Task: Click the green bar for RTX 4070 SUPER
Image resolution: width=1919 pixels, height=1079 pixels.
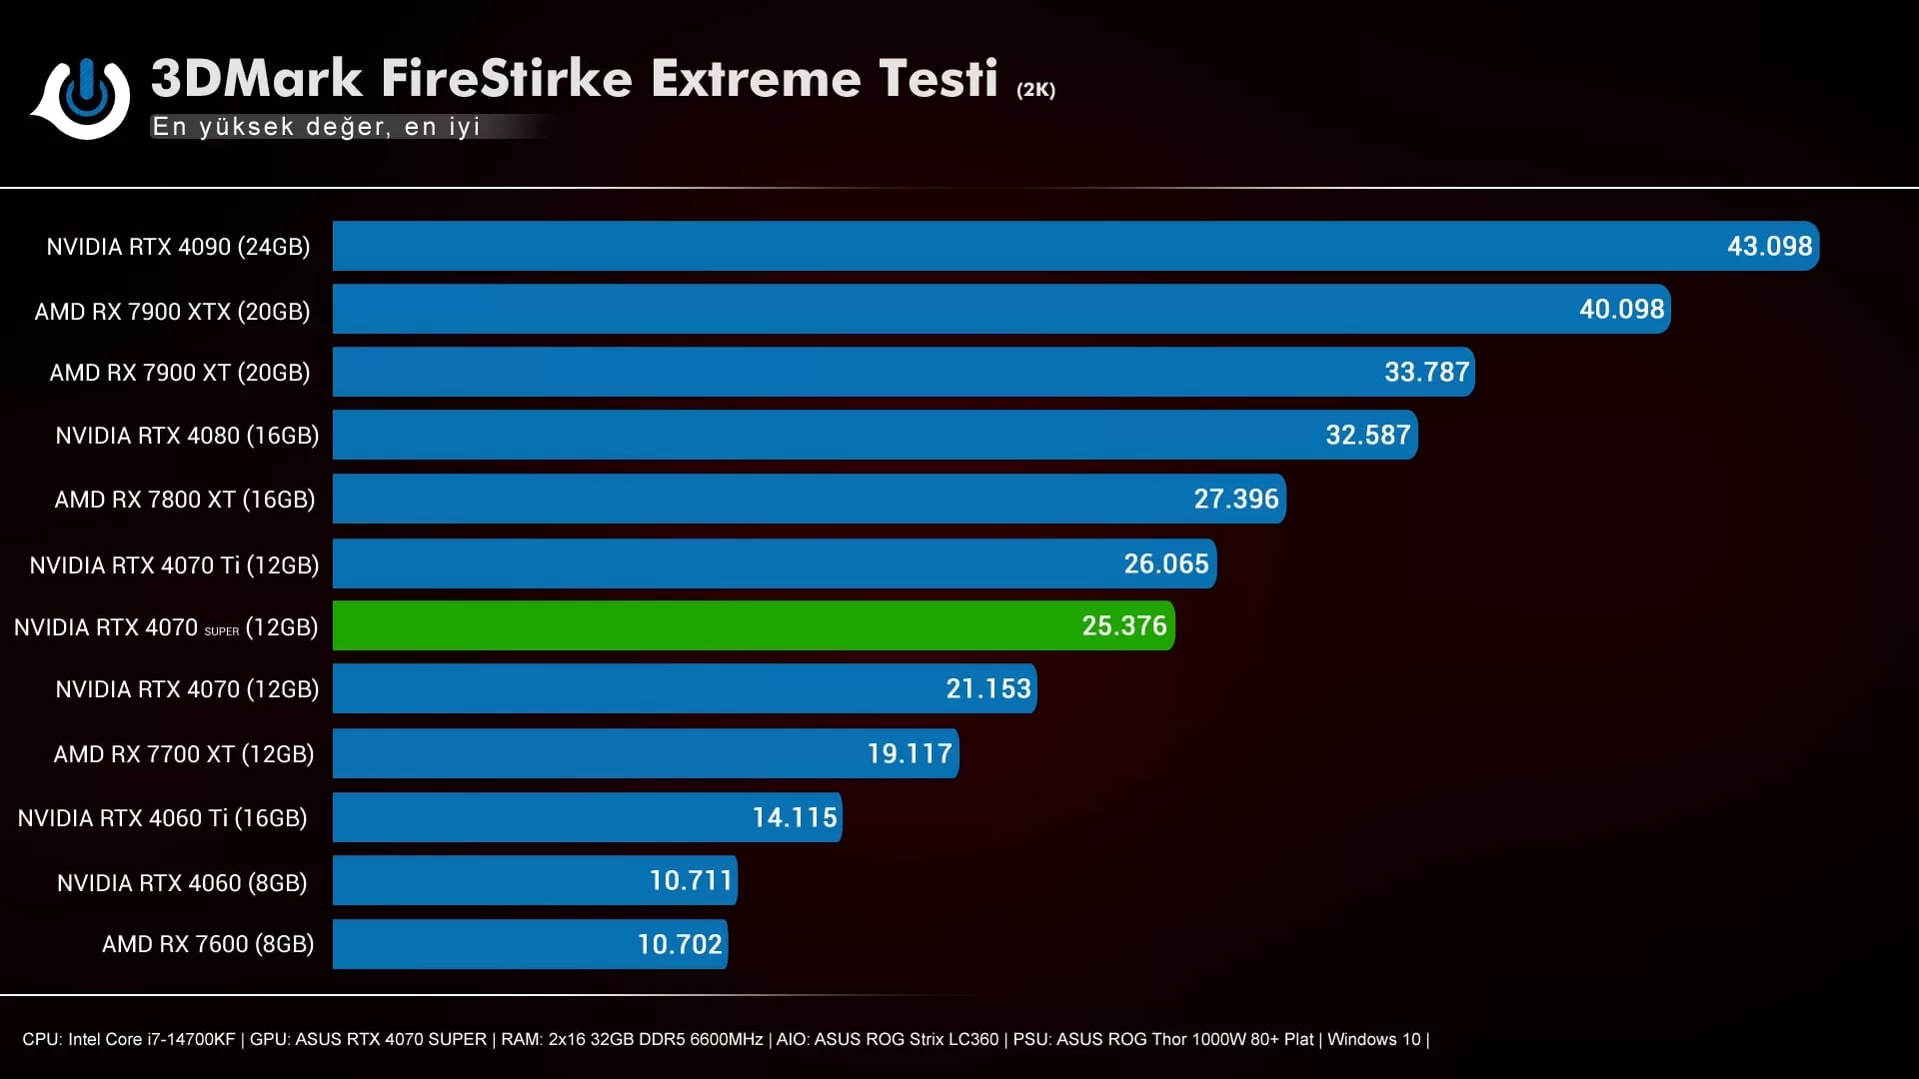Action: pos(700,625)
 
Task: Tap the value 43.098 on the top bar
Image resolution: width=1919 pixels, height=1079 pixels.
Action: pos(1769,246)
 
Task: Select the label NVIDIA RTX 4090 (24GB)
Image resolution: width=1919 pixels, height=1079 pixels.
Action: pos(178,247)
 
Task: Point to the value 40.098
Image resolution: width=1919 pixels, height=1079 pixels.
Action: pos(1621,309)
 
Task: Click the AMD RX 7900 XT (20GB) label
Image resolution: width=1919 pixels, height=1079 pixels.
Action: pos(180,373)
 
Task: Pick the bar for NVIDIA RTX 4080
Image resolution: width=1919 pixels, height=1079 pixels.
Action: pos(800,435)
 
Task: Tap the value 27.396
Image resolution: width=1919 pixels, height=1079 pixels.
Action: pos(1235,499)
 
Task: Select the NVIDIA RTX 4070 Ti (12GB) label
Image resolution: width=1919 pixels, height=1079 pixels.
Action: pos(174,565)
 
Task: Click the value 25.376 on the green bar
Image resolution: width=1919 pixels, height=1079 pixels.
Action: pos(1123,625)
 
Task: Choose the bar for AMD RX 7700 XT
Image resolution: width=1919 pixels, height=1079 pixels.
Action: pos(600,753)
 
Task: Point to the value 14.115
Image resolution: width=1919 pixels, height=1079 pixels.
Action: pos(795,817)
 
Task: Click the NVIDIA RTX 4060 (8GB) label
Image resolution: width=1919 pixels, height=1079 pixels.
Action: pos(182,883)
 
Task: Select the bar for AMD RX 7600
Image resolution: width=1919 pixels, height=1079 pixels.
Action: pos(480,944)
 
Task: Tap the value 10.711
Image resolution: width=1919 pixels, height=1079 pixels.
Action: pos(691,880)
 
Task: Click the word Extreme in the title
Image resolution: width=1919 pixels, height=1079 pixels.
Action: pos(755,78)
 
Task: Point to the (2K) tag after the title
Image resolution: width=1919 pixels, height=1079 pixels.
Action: pos(1035,90)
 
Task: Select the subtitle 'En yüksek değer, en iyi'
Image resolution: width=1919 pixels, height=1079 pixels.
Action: pos(316,127)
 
